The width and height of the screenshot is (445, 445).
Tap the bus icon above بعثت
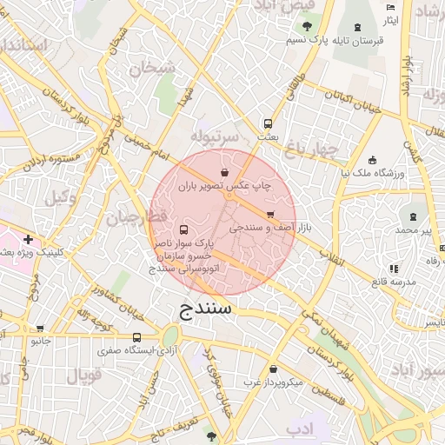268,123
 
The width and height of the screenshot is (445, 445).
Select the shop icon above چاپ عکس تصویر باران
226,172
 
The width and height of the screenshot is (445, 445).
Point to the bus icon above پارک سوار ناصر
183,230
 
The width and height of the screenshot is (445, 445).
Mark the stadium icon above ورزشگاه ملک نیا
373,161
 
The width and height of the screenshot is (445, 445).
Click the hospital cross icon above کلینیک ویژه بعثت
29,238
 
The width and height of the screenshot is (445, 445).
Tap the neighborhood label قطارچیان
134,218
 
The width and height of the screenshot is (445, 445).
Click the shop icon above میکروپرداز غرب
273,369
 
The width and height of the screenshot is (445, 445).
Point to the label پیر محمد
413,230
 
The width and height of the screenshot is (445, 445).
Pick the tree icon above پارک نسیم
307,25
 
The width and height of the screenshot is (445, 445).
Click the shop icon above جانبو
40,329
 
